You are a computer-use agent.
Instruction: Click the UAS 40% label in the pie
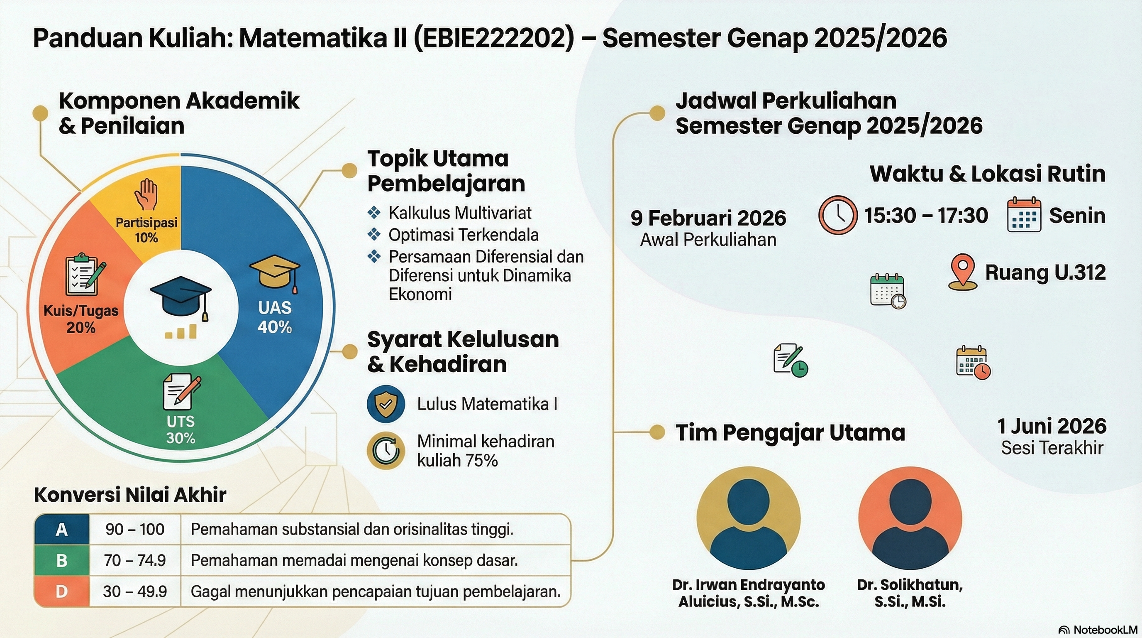[x=274, y=317]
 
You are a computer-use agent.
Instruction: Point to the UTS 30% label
[x=181, y=429]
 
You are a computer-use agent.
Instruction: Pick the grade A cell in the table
[x=61, y=529]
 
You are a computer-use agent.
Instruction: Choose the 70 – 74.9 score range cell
[x=135, y=560]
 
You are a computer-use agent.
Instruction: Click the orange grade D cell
[x=61, y=591]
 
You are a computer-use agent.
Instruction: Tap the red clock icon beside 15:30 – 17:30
[x=837, y=215]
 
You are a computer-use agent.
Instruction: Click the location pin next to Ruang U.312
[x=962, y=272]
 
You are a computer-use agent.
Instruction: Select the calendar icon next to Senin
[x=1024, y=215]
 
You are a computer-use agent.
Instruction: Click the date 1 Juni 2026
[x=1052, y=426]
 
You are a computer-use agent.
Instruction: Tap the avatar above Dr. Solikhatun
[x=910, y=518]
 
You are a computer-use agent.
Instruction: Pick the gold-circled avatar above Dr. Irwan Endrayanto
[x=748, y=518]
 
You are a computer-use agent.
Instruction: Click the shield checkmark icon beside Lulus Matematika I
[x=386, y=404]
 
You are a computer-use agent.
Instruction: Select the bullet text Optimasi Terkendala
[x=463, y=235]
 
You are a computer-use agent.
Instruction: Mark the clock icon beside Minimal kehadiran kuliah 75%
[x=386, y=450]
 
